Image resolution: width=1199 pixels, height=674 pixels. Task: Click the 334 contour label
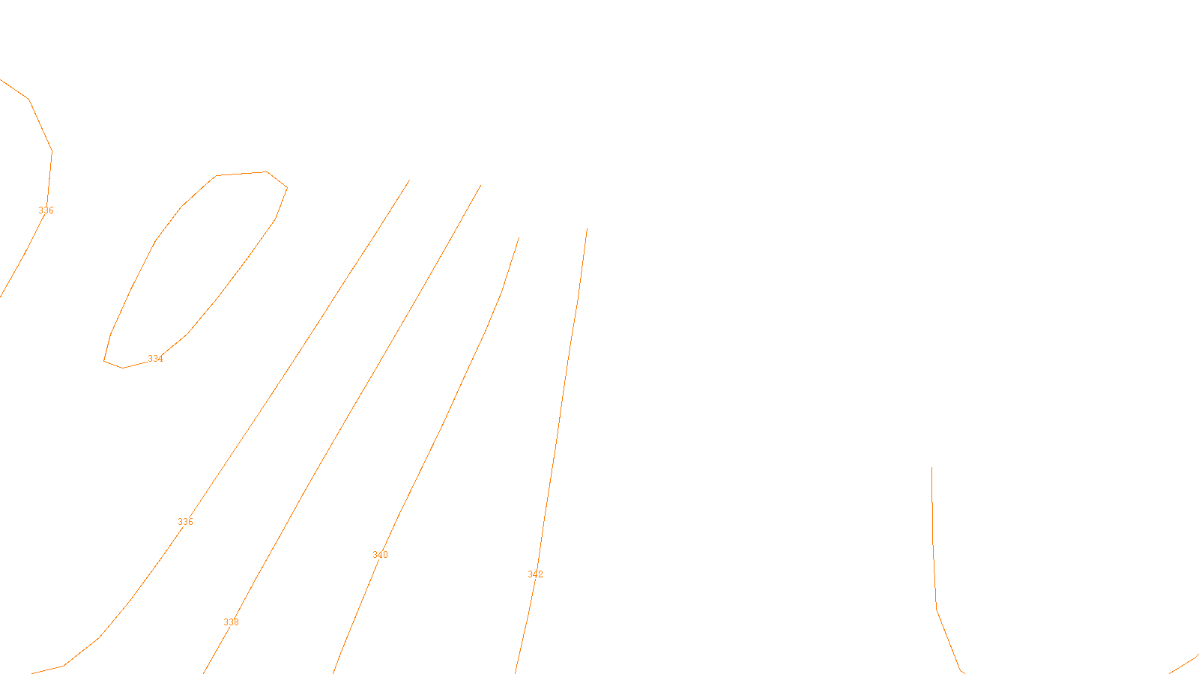(155, 359)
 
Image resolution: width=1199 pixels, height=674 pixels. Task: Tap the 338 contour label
(231, 622)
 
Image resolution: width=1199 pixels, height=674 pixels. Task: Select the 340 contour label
(380, 555)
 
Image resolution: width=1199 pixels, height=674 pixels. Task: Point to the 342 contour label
(535, 574)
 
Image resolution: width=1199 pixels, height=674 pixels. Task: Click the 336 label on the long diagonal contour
(185, 522)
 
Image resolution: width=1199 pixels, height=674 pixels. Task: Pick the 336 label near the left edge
(46, 210)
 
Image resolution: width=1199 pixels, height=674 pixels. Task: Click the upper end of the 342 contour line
(587, 229)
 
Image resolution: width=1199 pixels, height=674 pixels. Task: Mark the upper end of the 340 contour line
(519, 238)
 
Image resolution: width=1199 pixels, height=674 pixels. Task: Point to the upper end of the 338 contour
(480, 186)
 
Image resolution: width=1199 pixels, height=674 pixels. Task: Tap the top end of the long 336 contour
(409, 180)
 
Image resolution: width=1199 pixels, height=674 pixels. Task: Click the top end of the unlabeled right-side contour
(931, 468)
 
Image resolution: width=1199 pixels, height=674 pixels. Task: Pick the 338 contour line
(375, 359)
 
